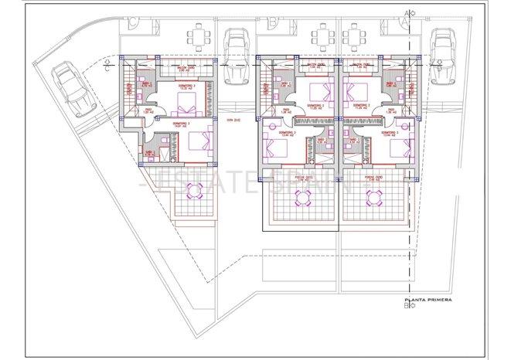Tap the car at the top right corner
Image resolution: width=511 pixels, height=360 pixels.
443,53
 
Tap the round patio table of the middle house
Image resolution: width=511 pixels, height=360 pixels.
300,199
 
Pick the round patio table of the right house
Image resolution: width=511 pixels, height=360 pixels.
375,199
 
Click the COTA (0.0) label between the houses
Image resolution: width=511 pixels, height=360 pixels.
230,121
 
